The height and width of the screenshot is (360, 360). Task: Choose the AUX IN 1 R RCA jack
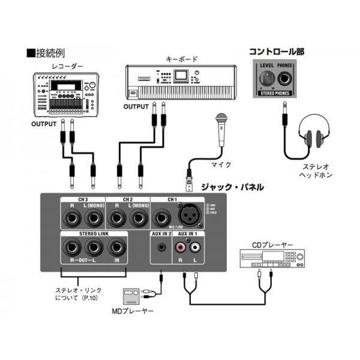180,246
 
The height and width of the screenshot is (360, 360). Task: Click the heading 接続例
48,53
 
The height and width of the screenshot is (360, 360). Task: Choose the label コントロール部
276,52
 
